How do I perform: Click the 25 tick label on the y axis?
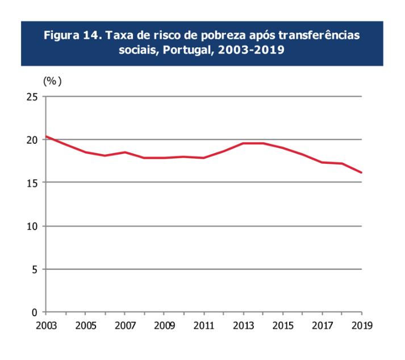click(32, 97)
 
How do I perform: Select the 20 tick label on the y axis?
click(32, 140)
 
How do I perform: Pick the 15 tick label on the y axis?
click(32, 183)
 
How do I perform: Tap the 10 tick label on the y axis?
click(32, 226)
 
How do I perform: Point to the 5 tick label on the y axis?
click(35, 269)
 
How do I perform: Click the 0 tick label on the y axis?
click(35, 312)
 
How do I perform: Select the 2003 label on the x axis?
click(45, 326)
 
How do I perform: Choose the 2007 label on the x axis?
click(124, 326)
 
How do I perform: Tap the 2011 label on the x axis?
click(203, 326)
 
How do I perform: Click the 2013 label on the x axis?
click(243, 326)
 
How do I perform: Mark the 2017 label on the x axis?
click(322, 326)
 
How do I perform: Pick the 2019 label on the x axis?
click(361, 326)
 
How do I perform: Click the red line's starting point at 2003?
click(46, 136)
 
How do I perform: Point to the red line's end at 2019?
click(361, 172)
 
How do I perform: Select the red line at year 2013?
click(243, 143)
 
